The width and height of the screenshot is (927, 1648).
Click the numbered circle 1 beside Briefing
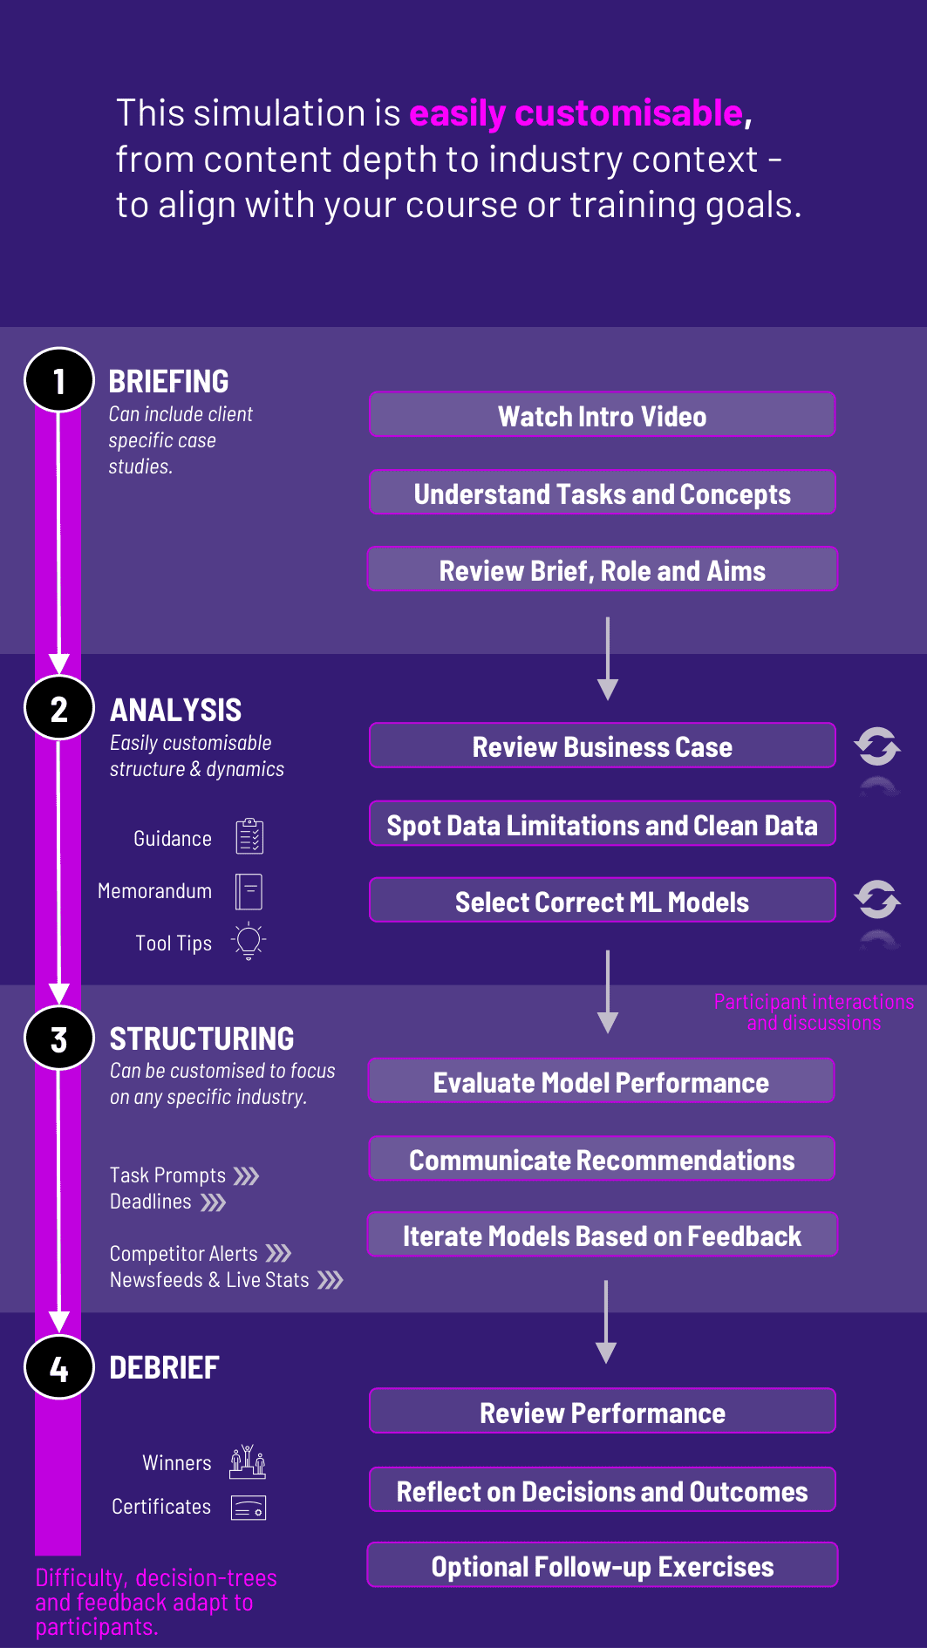click(59, 380)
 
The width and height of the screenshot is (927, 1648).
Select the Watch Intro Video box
click(603, 415)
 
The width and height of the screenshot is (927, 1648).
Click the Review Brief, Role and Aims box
click(603, 569)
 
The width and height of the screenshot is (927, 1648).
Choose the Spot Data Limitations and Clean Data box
click(603, 824)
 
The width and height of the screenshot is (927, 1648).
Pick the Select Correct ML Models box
click(603, 901)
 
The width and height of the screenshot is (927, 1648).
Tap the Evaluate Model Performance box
click(602, 1081)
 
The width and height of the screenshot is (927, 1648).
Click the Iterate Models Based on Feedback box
click(603, 1235)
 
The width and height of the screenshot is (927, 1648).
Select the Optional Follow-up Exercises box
click(603, 1565)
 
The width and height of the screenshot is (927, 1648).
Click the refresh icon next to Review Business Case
click(877, 746)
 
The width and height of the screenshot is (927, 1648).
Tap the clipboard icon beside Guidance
click(249, 836)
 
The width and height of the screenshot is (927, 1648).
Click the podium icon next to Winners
click(248, 1461)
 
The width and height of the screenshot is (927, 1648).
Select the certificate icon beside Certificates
click(249, 1508)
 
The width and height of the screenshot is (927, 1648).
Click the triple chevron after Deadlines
click(214, 1203)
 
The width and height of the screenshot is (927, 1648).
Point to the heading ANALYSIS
click(176, 711)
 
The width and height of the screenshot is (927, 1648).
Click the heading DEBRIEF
click(164, 1368)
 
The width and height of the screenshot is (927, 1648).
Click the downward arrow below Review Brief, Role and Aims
click(608, 658)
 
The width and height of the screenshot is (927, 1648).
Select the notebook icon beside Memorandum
click(249, 892)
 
